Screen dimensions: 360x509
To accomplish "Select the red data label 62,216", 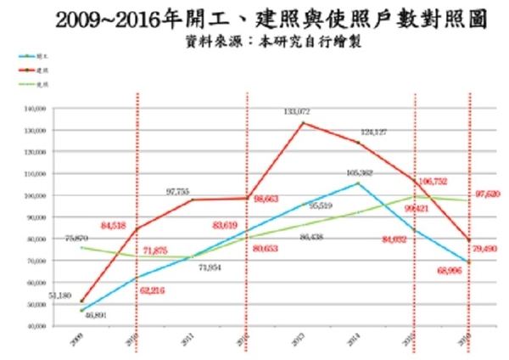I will (x=152, y=291).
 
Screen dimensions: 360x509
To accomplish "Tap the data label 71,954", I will (x=210, y=267).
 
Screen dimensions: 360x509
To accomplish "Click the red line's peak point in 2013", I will (x=303, y=123).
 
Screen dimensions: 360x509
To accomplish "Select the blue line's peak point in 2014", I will (x=358, y=183).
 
